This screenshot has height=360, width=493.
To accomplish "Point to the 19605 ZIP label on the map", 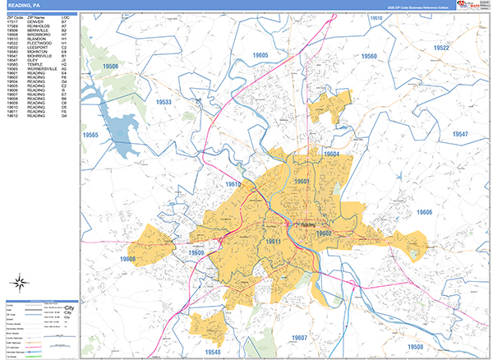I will [x=260, y=54].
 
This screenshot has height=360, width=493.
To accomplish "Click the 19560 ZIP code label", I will [x=368, y=56].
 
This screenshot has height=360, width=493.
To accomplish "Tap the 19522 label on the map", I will [x=442, y=48].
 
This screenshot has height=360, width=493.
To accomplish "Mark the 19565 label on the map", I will [x=90, y=135].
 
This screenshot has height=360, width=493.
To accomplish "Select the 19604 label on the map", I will [x=330, y=154].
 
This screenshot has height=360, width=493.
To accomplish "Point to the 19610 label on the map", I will [x=234, y=184].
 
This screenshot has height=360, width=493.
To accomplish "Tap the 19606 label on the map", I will [x=424, y=212].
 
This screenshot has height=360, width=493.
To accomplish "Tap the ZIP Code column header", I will [x=13, y=17].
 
